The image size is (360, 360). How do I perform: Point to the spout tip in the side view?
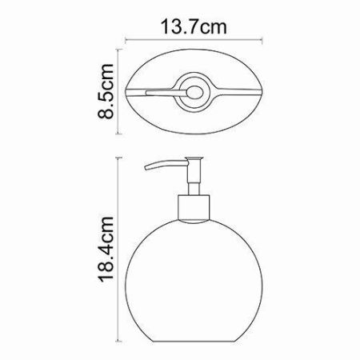(x=146, y=170)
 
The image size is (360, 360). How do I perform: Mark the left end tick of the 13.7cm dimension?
(x=130, y=39)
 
